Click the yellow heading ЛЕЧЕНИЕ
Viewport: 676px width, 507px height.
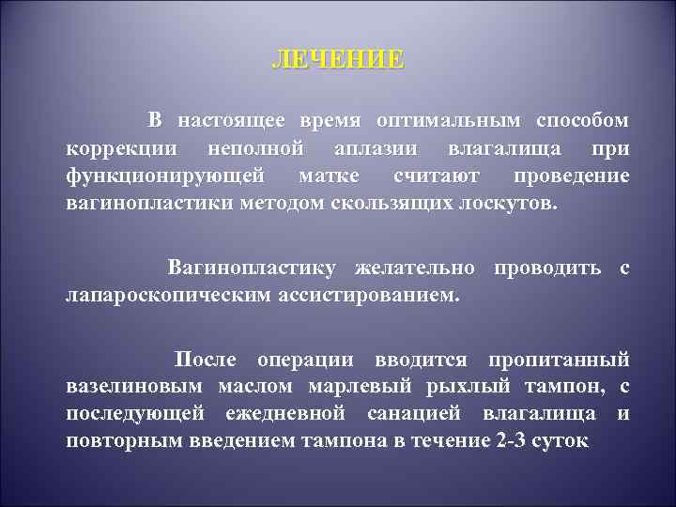coord(338,61)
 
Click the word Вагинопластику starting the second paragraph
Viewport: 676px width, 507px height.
coord(253,269)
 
